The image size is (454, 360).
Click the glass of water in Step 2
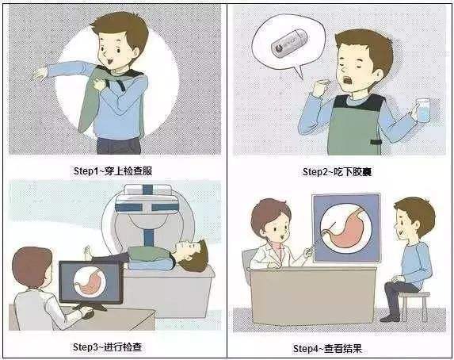tap(423, 110)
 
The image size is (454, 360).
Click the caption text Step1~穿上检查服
tap(113, 171)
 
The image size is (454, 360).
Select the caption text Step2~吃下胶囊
tap(337, 171)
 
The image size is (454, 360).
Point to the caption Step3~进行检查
tap(107, 347)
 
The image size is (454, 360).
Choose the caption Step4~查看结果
tap(327, 348)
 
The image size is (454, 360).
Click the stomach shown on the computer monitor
tap(90, 282)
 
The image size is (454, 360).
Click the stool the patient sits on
tap(414, 306)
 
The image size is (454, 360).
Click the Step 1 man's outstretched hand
tap(40, 75)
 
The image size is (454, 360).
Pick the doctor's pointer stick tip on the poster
tap(336, 223)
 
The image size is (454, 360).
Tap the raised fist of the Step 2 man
tap(321, 86)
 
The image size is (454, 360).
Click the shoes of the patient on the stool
tap(390, 318)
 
